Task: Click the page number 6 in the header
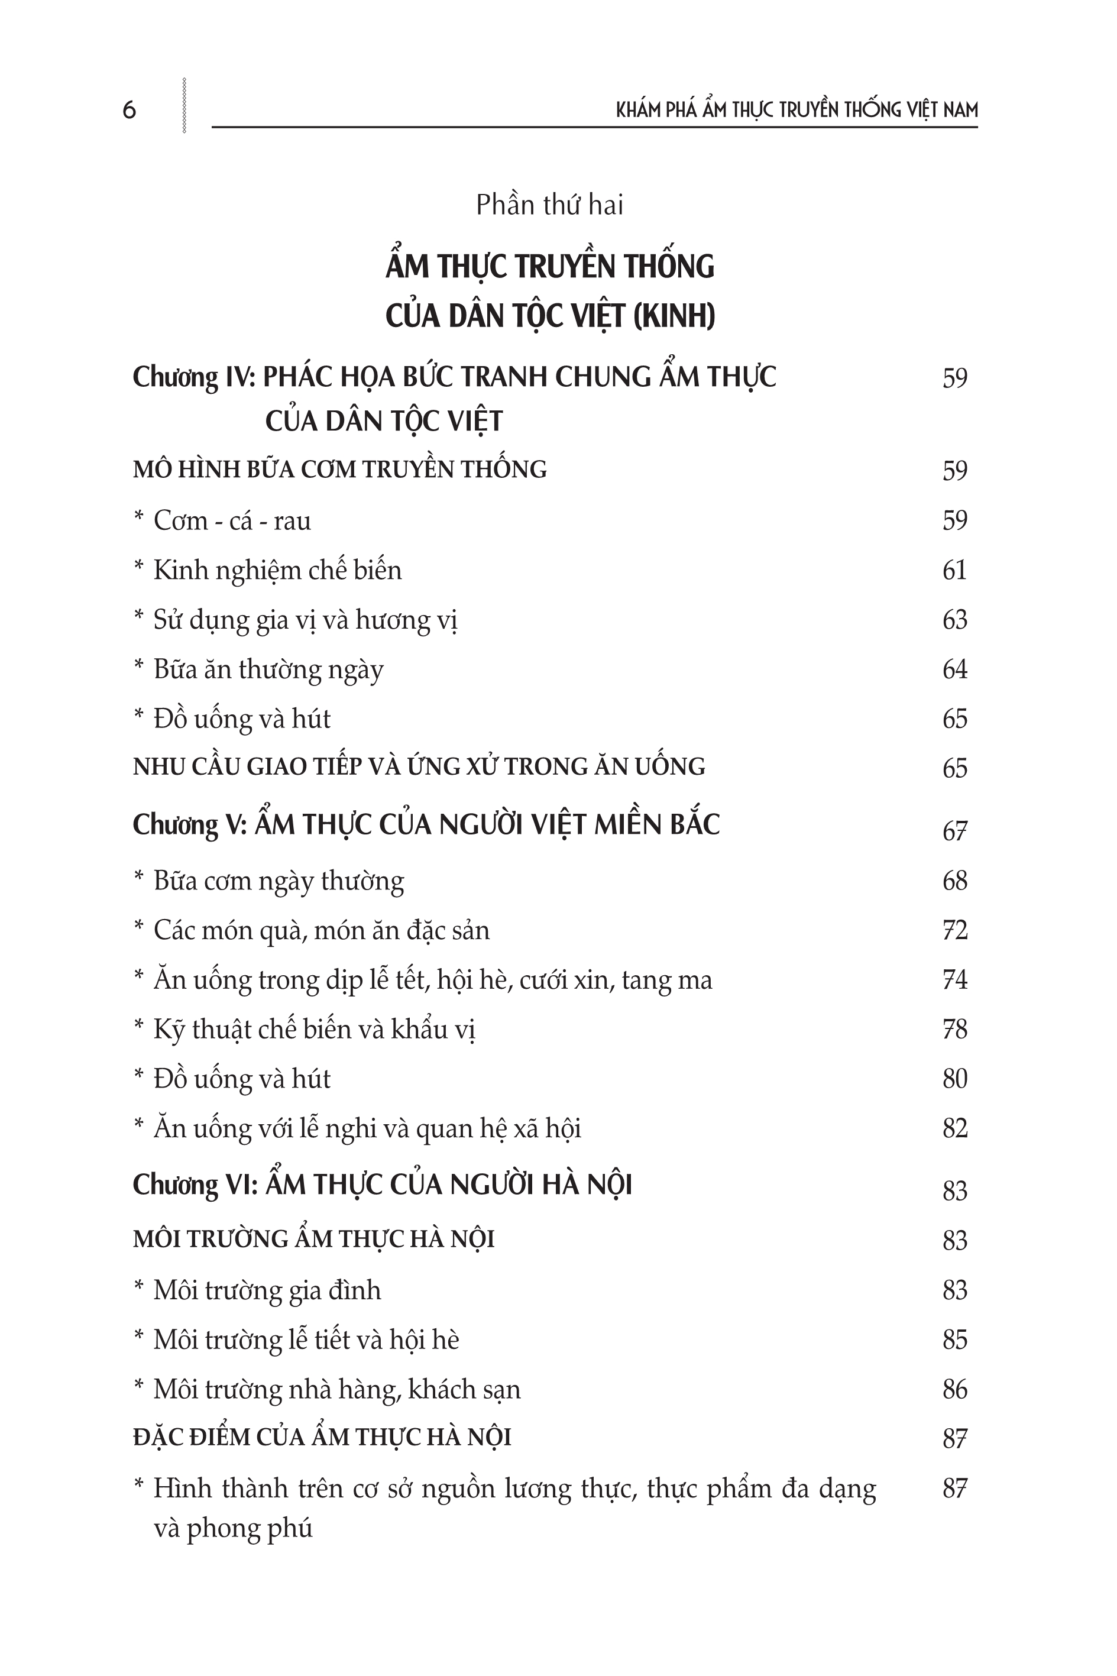(x=129, y=111)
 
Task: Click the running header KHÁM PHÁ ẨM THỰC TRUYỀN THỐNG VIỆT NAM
(x=797, y=109)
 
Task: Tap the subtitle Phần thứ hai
(x=549, y=205)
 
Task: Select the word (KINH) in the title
(x=673, y=316)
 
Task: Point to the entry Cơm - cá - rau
(x=232, y=520)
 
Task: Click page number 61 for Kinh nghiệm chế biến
(x=954, y=570)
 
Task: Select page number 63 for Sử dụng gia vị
(x=954, y=620)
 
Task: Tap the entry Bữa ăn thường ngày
(x=268, y=669)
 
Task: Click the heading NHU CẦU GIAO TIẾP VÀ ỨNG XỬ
(x=419, y=766)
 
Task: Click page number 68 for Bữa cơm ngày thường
(x=954, y=881)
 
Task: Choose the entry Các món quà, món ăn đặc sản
(x=321, y=930)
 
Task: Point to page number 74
(x=954, y=980)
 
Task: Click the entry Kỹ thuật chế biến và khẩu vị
(x=314, y=1030)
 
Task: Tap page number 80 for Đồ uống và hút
(x=954, y=1079)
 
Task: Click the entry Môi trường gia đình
(x=267, y=1290)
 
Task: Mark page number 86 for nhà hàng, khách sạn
(x=954, y=1389)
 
